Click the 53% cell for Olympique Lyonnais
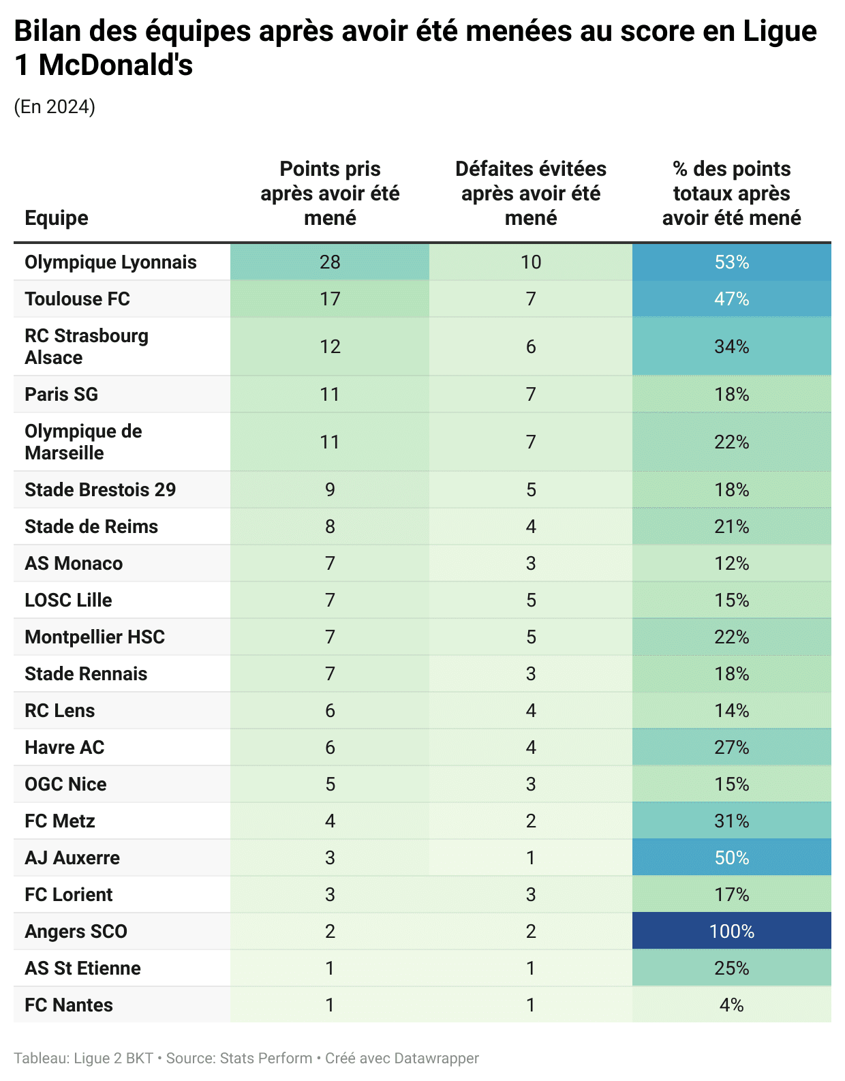[731, 262]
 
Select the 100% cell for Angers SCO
[731, 932]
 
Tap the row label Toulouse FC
[77, 299]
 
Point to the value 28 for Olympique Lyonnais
[330, 262]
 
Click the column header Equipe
[57, 218]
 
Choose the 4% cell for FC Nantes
[731, 1005]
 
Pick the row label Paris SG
[61, 395]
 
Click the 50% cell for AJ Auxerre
[731, 858]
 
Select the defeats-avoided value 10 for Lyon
[531, 262]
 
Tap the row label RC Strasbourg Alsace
[87, 346]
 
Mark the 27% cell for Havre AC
[731, 748]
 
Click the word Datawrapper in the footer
[436, 1059]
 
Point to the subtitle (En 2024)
[55, 107]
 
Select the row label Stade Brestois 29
[100, 490]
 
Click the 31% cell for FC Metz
[731, 821]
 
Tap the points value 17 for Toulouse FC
[330, 299]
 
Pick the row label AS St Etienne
[82, 969]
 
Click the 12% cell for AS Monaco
[731, 564]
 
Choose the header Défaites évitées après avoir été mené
[531, 194]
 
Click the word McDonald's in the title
[116, 65]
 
